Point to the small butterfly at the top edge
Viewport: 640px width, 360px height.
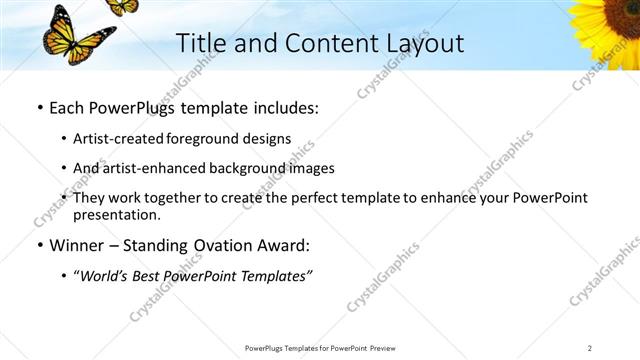122,6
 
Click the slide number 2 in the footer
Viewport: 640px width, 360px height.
590,348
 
